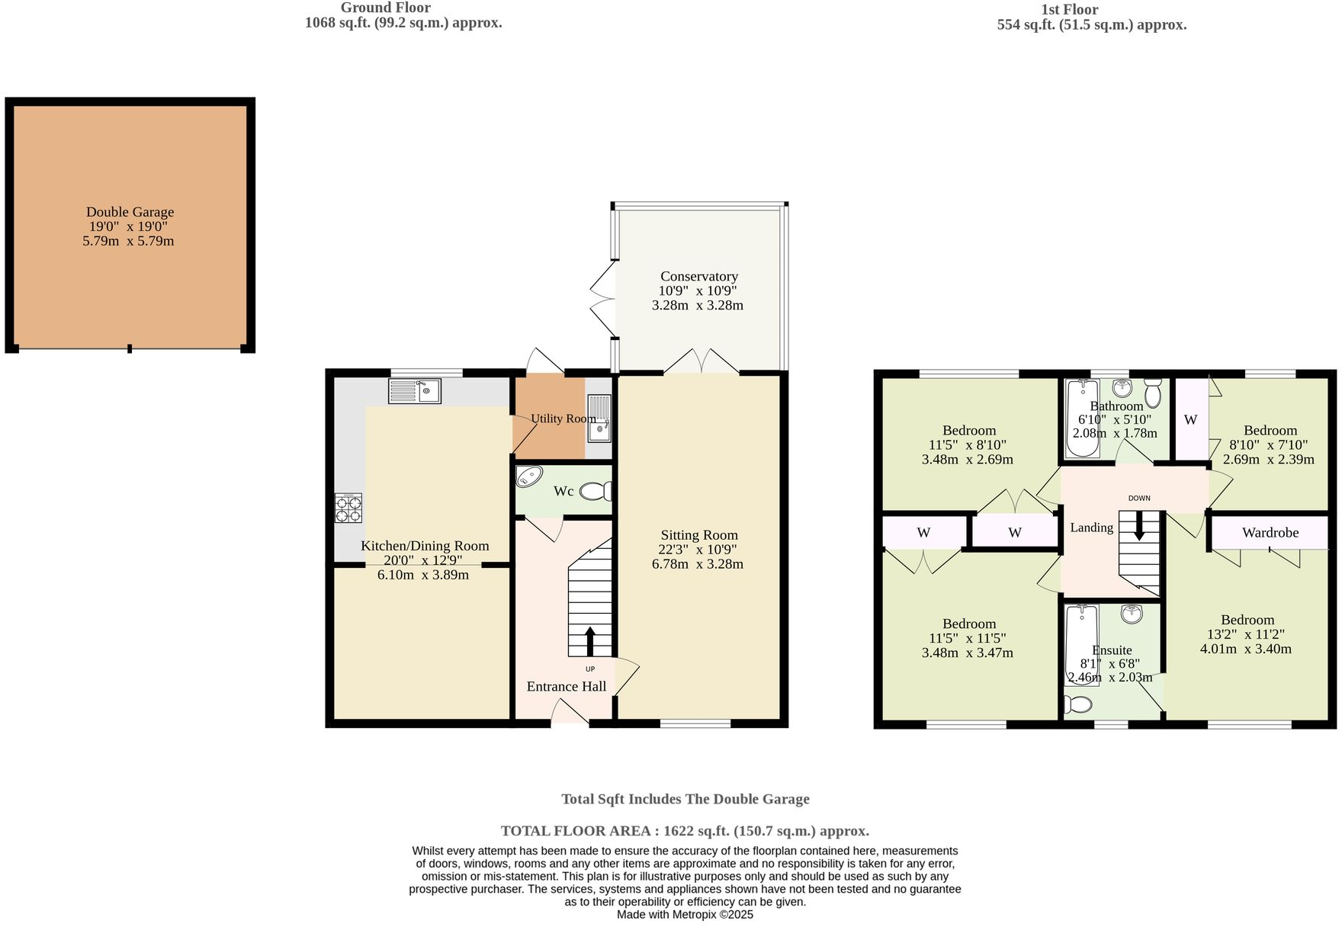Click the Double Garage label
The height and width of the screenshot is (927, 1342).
click(x=130, y=212)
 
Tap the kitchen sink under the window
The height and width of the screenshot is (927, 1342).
click(x=415, y=391)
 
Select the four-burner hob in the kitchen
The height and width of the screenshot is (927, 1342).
click(x=348, y=508)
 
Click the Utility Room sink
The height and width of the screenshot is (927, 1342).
click(x=600, y=419)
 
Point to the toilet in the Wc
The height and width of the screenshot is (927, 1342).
click(x=596, y=492)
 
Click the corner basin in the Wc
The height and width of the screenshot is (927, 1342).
click(x=528, y=477)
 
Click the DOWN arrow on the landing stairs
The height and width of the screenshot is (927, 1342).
click(x=1139, y=527)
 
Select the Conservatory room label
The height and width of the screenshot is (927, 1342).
click(x=698, y=276)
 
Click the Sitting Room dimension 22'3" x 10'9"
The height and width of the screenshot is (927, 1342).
click(x=697, y=550)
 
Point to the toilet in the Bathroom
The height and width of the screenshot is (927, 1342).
click(x=1152, y=393)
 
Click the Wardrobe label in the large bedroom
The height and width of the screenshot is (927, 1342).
click(x=1270, y=533)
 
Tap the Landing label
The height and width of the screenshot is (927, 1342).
click(x=1091, y=528)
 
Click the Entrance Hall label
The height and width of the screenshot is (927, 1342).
click(x=566, y=686)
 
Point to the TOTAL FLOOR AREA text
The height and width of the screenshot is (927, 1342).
click(x=684, y=831)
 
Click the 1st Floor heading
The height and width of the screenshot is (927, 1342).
click(x=1069, y=10)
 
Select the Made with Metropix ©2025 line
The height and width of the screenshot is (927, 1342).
click(x=684, y=915)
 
